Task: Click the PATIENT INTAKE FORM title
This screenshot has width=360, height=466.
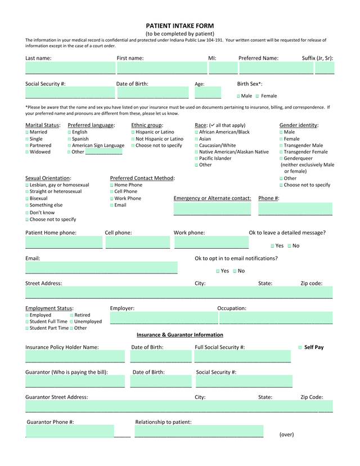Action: click(x=179, y=26)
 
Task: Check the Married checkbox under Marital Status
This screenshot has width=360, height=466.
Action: click(x=27, y=132)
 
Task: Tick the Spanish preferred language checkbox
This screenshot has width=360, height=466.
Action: click(x=69, y=139)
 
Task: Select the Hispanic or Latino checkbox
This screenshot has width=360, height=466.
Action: click(x=133, y=132)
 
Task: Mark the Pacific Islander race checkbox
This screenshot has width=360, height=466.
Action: click(x=196, y=159)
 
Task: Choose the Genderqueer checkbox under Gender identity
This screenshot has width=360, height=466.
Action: click(x=281, y=159)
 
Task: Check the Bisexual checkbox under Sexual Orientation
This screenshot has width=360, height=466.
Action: click(x=27, y=199)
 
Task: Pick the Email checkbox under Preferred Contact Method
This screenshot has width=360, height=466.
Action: click(x=112, y=205)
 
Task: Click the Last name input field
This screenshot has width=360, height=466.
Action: click(x=70, y=69)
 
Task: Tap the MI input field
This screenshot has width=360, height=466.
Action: click(x=223, y=69)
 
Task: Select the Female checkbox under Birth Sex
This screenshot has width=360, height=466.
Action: click(x=258, y=96)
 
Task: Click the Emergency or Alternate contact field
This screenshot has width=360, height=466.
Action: click(x=212, y=209)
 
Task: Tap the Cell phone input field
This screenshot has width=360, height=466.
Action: click(x=137, y=243)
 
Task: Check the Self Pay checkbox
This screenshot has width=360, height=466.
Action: click(x=300, y=347)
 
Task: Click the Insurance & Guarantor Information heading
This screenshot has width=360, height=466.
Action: click(x=179, y=335)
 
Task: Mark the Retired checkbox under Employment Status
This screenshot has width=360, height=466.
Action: click(x=72, y=315)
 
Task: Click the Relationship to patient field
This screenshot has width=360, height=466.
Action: click(x=199, y=432)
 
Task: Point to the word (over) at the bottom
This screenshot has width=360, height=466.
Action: click(x=286, y=434)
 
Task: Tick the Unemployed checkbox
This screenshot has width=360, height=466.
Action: click(x=71, y=321)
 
